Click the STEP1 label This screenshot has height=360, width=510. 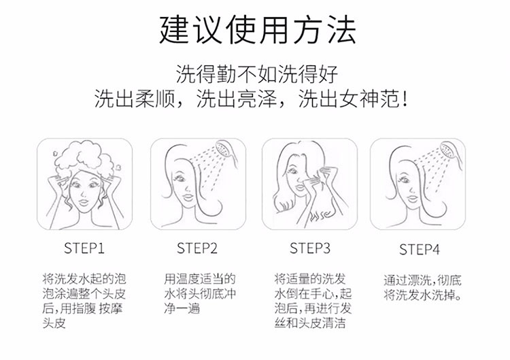[84, 248]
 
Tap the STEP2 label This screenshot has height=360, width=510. [197, 248]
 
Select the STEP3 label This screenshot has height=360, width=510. [310, 248]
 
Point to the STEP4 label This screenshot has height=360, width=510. [420, 250]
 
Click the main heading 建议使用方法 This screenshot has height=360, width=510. [257, 30]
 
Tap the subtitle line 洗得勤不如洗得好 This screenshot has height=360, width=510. [257, 74]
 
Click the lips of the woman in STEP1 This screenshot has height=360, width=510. [84, 203]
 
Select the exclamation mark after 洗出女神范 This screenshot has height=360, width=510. [405, 99]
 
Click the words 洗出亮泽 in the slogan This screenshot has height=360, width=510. [237, 99]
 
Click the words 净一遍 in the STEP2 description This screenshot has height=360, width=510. [182, 308]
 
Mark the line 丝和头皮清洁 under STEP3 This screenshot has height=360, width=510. [310, 323]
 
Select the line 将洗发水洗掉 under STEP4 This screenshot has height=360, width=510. [422, 295]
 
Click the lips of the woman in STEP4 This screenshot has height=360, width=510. [412, 199]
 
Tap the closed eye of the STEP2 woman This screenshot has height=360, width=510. [180, 178]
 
